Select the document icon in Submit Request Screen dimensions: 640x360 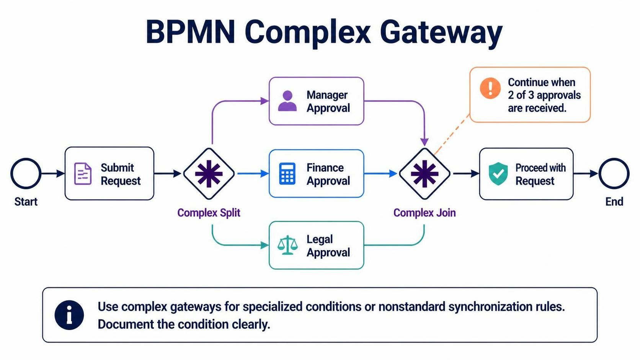click(x=83, y=174)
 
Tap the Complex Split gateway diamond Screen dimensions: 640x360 click(x=209, y=174)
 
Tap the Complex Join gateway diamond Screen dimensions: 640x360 click(x=424, y=174)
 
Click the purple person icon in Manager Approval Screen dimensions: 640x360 click(x=287, y=101)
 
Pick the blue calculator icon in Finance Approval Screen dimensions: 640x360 click(x=287, y=174)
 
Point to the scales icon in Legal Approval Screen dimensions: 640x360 click(x=287, y=245)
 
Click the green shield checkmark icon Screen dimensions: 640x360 click(x=498, y=174)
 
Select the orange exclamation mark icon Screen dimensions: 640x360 click(x=490, y=88)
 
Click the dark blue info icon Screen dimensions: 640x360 click(x=69, y=315)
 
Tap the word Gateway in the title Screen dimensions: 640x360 click(x=441, y=32)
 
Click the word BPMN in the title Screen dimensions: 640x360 click(x=190, y=31)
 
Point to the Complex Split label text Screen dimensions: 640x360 click(x=209, y=213)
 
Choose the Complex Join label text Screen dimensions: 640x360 click(x=424, y=213)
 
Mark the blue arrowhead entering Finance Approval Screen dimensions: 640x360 click(x=265, y=173)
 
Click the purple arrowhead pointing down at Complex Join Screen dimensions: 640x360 click(x=424, y=142)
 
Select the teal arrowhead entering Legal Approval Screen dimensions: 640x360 click(x=265, y=245)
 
